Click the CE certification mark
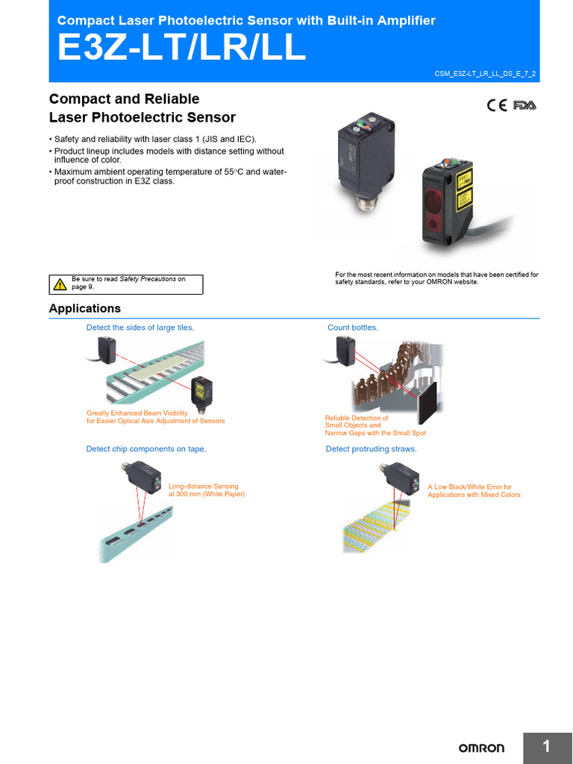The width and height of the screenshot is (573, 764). (497, 105)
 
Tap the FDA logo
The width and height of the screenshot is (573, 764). (525, 105)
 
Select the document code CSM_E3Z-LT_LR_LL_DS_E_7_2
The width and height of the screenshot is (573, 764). (485, 73)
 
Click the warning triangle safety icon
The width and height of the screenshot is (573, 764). (60, 284)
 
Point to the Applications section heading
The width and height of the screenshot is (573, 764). (84, 308)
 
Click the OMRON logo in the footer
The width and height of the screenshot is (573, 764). (481, 748)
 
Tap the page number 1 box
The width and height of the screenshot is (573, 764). (547, 747)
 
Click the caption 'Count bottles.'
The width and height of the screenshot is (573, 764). (352, 328)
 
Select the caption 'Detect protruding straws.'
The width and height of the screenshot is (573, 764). (371, 448)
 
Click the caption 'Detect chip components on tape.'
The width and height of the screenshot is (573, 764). (146, 448)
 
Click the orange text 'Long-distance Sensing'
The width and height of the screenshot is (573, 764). (204, 486)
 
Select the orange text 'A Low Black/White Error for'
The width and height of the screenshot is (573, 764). (469, 486)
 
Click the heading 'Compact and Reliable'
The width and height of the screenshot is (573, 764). (124, 99)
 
